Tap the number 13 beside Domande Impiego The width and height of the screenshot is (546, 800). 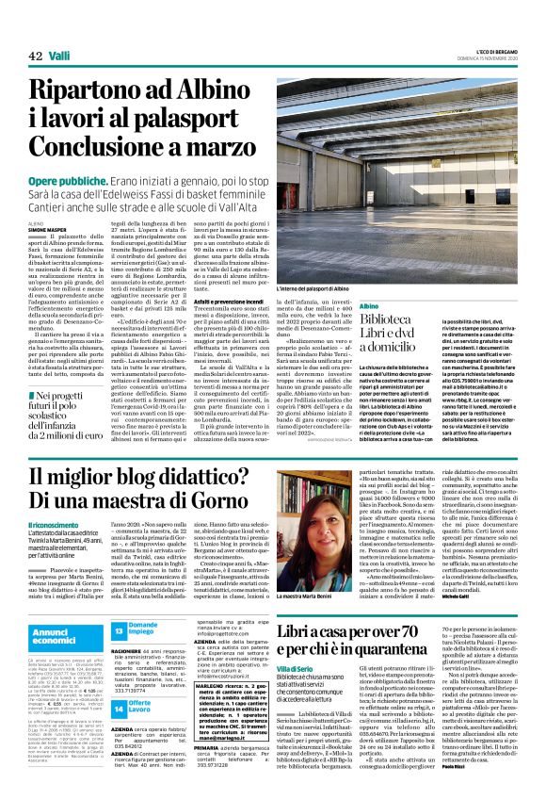(119, 628)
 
